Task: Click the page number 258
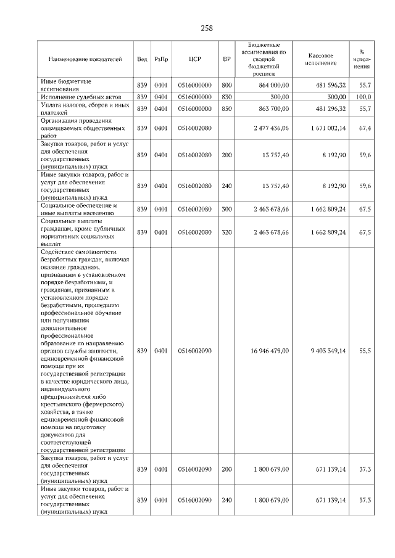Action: coord(206,28)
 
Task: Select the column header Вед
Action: coord(142,59)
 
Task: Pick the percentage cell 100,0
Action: coord(364,97)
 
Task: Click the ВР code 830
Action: coord(227,97)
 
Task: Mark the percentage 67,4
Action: coord(364,128)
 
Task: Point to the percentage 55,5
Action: coord(364,351)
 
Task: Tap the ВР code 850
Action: coord(227,109)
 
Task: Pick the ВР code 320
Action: coord(227,232)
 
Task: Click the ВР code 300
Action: coord(227,210)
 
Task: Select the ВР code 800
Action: coord(227,85)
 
